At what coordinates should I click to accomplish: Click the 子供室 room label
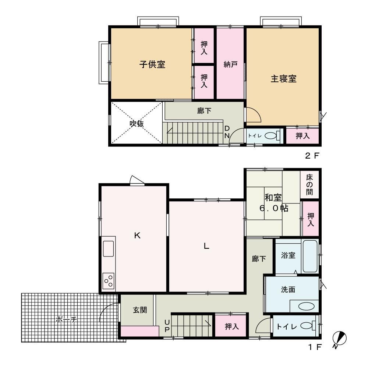(x=152, y=64)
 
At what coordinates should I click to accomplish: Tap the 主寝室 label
(x=283, y=79)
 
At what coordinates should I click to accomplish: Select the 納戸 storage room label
(x=230, y=64)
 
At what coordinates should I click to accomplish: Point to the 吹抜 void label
(x=137, y=123)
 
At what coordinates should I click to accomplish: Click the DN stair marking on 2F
(x=227, y=132)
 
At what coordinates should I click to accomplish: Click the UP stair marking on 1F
(x=167, y=326)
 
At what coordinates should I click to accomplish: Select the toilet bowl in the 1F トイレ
(x=309, y=326)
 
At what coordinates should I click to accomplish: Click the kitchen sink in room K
(x=108, y=248)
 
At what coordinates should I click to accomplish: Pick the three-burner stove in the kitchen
(x=108, y=281)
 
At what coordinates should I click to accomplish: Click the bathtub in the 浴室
(x=310, y=256)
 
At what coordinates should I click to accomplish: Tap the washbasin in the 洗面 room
(x=306, y=306)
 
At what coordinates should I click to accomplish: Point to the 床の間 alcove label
(x=309, y=185)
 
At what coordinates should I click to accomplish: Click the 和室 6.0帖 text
(x=274, y=203)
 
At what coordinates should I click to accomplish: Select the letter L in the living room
(x=206, y=246)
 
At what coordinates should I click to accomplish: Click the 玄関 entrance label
(x=140, y=310)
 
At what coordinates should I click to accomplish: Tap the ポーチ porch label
(x=66, y=319)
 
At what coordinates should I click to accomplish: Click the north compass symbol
(x=339, y=339)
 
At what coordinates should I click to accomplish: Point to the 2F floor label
(x=312, y=156)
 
